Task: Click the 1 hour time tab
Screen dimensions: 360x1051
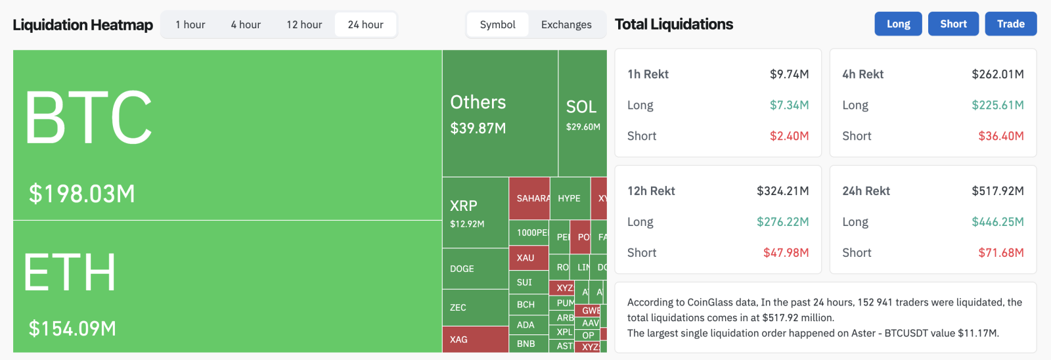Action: click(190, 25)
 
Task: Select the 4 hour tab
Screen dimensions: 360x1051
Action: click(246, 25)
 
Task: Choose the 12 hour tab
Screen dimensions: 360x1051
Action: click(304, 25)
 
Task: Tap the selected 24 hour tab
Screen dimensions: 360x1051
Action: click(365, 25)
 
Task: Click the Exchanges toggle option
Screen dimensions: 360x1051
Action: click(566, 25)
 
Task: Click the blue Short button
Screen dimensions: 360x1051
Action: click(953, 24)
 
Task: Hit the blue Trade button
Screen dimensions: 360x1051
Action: click(1010, 24)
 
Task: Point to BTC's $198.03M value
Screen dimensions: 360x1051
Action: click(82, 194)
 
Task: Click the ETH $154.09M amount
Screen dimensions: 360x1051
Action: click(72, 328)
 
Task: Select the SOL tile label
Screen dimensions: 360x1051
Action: click(581, 107)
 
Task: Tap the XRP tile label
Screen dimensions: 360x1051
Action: click(464, 206)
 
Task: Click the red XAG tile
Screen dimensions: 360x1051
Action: click(459, 340)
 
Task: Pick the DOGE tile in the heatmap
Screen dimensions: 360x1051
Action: click(462, 269)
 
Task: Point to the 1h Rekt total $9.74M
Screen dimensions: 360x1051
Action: click(789, 74)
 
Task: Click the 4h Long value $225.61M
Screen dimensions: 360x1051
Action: click(997, 105)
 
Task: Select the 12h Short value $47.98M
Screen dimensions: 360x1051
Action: click(786, 253)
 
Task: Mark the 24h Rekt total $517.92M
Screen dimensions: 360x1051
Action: click(997, 191)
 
